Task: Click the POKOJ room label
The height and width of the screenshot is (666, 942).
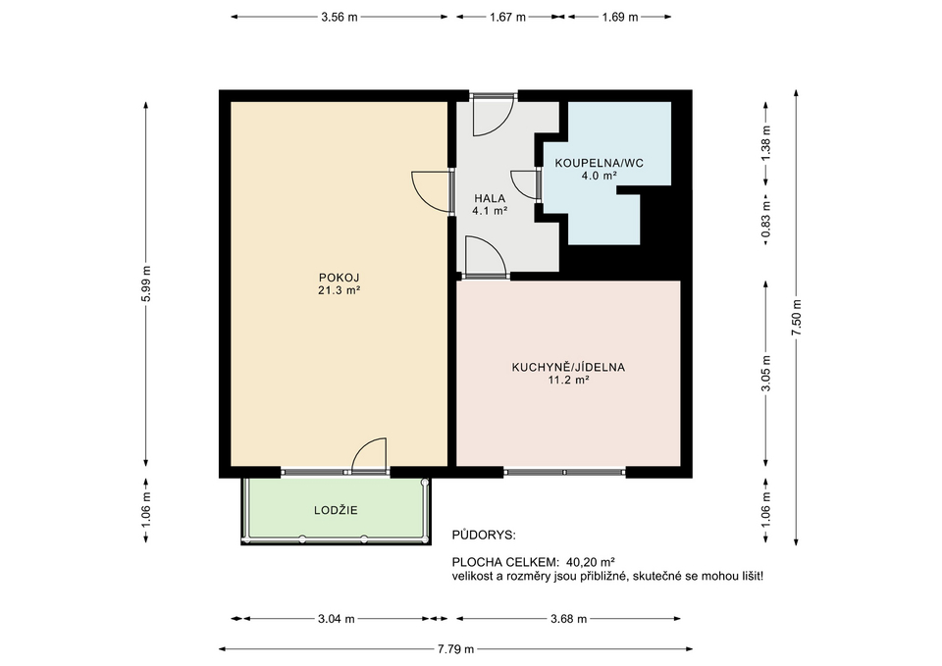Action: coord(339,278)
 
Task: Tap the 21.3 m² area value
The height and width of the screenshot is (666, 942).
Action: coord(339,290)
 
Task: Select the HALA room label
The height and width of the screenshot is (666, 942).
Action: coord(490,198)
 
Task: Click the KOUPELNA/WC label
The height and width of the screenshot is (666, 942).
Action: coord(599,163)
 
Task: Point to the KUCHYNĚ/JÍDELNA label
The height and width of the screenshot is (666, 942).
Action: coord(568,367)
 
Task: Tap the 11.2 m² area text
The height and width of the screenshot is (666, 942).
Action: coord(568,381)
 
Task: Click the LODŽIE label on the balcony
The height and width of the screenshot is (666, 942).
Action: coord(336,510)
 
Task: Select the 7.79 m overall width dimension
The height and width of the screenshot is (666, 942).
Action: coord(455,648)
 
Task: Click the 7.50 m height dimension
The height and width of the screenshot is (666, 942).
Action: coord(796,317)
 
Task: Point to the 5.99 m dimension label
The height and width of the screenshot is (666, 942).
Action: coord(146,284)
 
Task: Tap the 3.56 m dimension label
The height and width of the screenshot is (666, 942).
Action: coord(339,17)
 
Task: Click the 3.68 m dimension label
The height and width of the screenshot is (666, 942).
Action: coord(568,619)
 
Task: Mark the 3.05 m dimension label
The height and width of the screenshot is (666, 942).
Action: coord(765,373)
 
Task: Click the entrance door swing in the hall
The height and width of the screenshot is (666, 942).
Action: coord(494,116)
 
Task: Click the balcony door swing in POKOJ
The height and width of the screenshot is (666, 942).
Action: coord(368,455)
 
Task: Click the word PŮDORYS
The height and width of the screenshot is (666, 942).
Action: coord(484,536)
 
